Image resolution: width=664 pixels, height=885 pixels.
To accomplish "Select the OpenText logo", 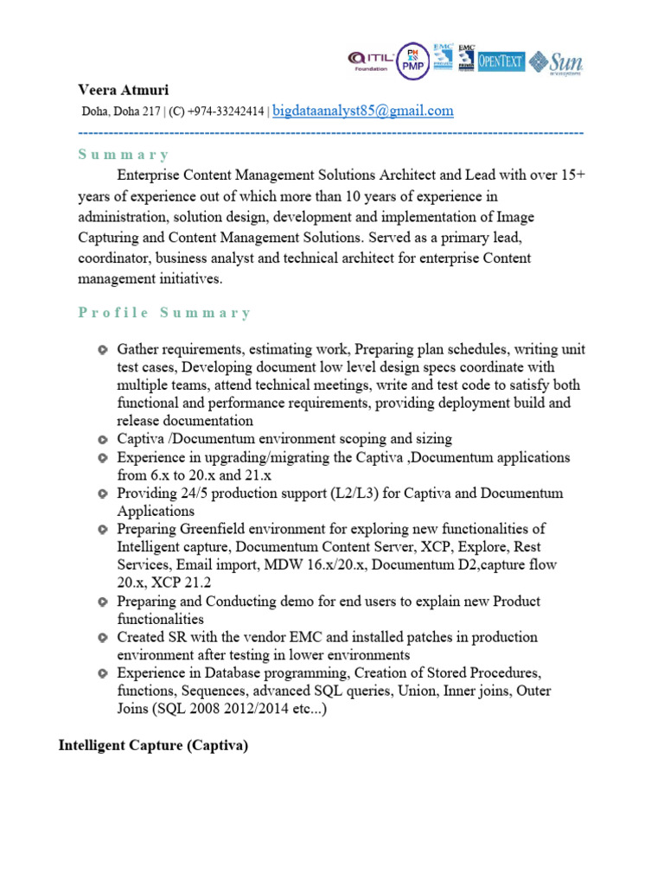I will pos(501,60).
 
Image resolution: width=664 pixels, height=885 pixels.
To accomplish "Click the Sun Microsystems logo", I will pos(557,61).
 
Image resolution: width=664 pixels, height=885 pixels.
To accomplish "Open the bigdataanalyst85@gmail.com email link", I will pos(363,111).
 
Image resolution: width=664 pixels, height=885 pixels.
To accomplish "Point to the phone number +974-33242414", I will pos(227,111).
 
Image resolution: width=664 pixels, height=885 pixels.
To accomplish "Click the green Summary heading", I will pos(124,155).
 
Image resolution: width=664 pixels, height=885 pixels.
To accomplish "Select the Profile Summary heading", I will pos(164,313).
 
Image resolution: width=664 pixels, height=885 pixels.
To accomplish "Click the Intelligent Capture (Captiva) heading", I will pos(153,746).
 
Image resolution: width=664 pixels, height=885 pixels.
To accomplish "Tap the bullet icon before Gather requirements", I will pos(103,350).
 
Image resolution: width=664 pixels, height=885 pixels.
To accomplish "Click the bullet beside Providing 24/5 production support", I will pos(103,493).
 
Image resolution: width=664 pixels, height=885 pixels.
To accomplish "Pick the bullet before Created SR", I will pos(103,638).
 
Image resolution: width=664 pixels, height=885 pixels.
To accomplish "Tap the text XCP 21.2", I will pos(173,583).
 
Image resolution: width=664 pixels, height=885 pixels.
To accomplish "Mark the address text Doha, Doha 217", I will pos(121,111).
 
